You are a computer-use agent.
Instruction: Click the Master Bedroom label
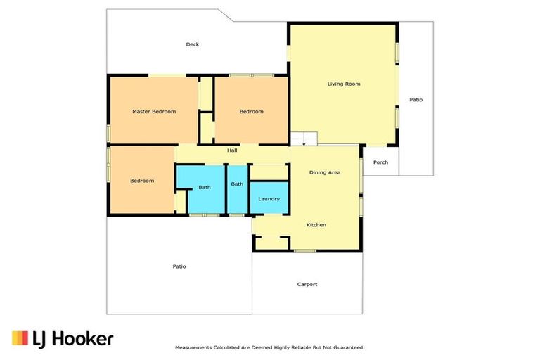tap(154, 111)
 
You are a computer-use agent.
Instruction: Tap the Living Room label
tap(344, 84)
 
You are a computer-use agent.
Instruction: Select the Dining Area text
tap(325, 172)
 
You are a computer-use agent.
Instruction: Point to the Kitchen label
tap(316, 224)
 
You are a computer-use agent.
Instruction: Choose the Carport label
tap(307, 284)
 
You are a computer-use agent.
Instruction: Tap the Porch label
tap(380, 162)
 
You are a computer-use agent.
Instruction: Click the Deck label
tap(192, 44)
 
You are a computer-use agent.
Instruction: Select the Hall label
tap(232, 150)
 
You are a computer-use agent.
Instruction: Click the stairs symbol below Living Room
tap(304, 138)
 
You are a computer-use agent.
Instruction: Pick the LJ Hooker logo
tap(63, 339)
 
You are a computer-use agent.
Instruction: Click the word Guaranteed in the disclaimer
tap(347, 347)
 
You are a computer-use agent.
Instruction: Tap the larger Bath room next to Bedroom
tap(203, 187)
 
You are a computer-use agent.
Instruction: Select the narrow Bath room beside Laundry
tap(237, 184)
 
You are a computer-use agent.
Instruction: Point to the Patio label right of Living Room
tap(416, 100)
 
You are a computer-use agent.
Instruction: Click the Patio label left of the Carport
tap(179, 266)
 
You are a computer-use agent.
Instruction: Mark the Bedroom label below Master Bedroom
tap(141, 181)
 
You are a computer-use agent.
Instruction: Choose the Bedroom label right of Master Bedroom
tap(251, 111)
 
